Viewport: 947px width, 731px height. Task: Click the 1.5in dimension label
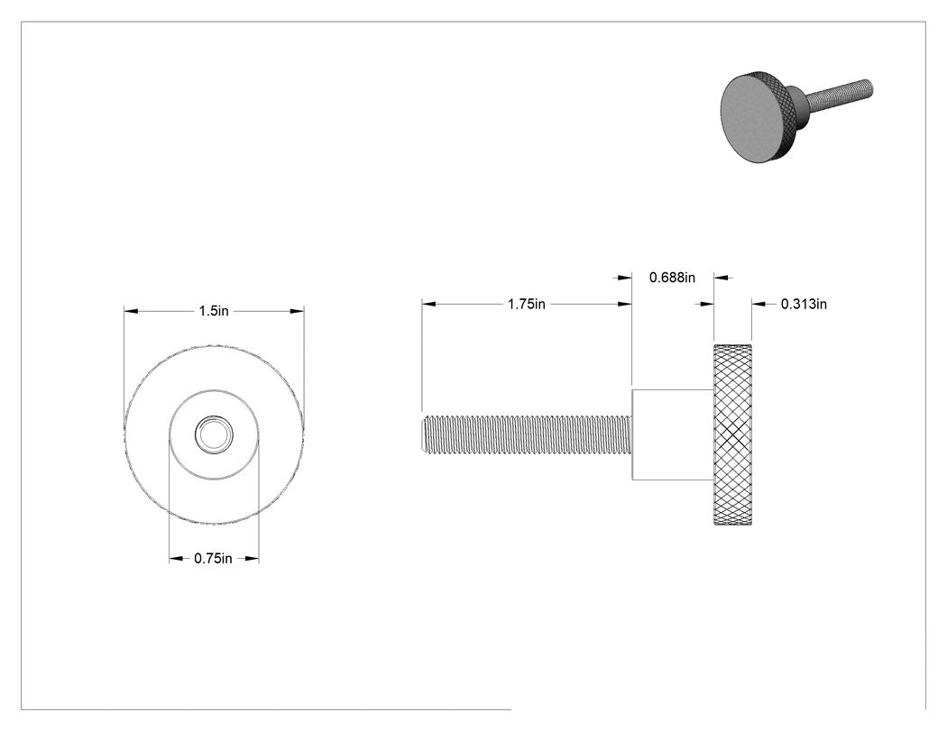pyautogui.click(x=214, y=311)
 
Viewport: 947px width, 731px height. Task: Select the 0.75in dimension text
pyautogui.click(x=213, y=558)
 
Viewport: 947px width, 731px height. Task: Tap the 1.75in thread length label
pyautogui.click(x=527, y=305)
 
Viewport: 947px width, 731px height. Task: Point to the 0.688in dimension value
pyautogui.click(x=672, y=278)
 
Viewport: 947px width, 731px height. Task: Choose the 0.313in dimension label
pyautogui.click(x=804, y=305)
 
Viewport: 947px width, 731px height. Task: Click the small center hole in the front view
pyautogui.click(x=213, y=434)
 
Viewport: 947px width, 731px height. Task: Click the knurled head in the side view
pyautogui.click(x=733, y=434)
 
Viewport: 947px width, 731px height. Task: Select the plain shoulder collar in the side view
pyautogui.click(x=673, y=434)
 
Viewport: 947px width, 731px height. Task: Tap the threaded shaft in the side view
pyautogui.click(x=526, y=434)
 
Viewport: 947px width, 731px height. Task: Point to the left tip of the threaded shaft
pyautogui.click(x=421, y=434)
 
